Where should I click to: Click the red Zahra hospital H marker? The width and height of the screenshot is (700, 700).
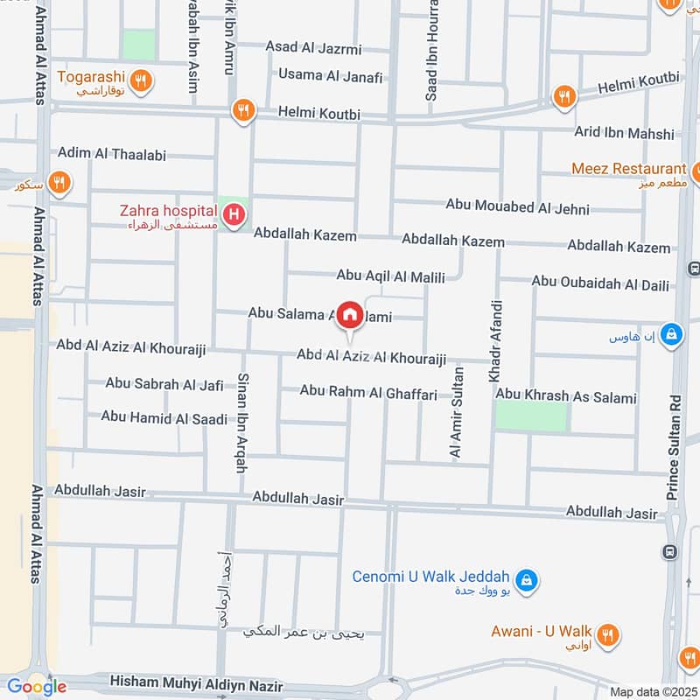point(234,213)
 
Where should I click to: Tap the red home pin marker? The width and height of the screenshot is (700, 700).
point(350,313)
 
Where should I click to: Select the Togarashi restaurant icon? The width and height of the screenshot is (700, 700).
point(144,82)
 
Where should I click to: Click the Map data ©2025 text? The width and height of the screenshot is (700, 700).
point(651,691)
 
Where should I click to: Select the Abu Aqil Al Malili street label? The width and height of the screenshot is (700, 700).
point(390,276)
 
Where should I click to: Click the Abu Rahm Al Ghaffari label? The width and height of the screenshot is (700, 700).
point(368,394)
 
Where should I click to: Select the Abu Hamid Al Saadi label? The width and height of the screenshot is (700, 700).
point(164,417)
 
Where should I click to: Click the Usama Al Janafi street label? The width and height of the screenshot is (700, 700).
point(330,76)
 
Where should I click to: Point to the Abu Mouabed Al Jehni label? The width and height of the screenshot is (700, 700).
point(517,207)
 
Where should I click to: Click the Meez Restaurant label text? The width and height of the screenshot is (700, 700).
point(628,168)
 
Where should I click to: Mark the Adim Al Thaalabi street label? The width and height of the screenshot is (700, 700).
point(111,154)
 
